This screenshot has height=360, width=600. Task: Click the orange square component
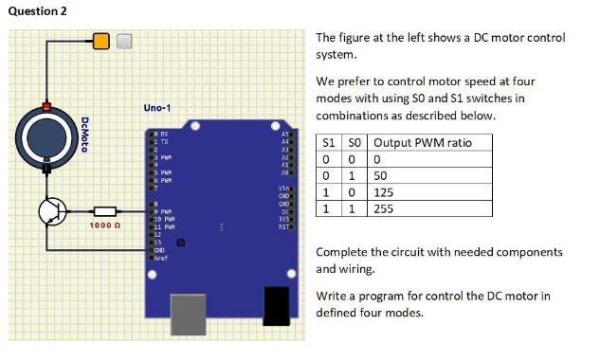pos(101,40)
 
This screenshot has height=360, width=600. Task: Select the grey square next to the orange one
pos(124,40)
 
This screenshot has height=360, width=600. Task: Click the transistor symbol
pos(52,212)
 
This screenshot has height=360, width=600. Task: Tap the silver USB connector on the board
pos(193,314)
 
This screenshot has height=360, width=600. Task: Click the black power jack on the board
pos(276,307)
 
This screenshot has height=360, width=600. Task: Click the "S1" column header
pos(329,143)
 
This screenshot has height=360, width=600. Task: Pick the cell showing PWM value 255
pos(385,207)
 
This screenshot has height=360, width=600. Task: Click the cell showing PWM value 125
pos(385,191)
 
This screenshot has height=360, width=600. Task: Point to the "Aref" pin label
pos(161,258)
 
